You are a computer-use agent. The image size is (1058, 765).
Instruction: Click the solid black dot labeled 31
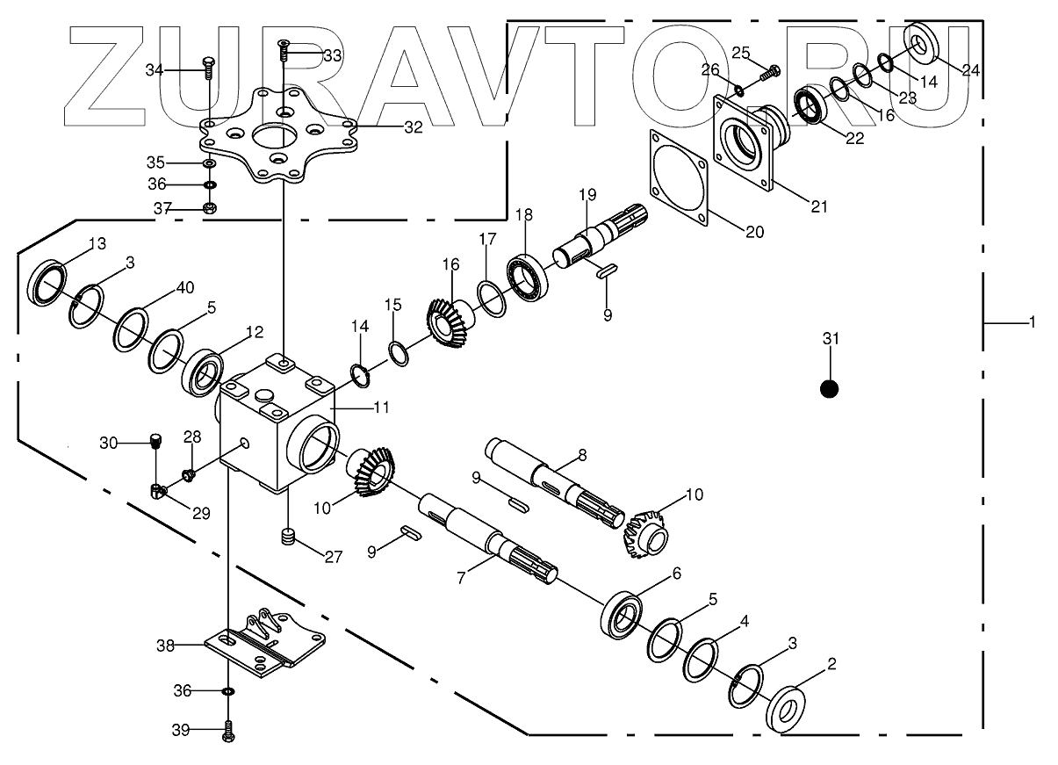829,388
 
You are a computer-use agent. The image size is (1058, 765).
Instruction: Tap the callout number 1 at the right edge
1033,322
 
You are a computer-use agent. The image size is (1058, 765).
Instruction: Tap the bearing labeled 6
624,611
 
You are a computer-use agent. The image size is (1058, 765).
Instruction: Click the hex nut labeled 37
209,208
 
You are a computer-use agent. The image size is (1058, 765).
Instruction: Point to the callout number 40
184,287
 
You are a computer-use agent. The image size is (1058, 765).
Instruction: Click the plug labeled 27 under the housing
287,538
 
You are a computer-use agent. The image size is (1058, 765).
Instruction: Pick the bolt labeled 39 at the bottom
228,729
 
